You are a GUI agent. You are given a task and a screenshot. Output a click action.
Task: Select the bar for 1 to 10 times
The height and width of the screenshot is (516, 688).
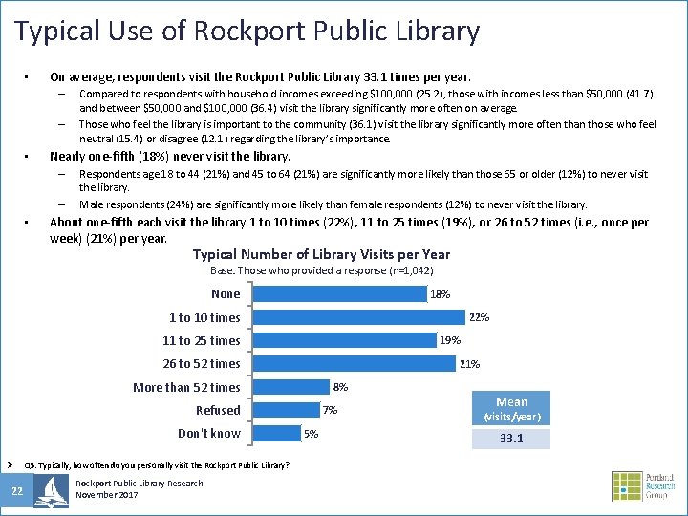(357, 317)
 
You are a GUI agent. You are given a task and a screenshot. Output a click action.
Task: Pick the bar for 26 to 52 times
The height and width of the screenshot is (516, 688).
(353, 363)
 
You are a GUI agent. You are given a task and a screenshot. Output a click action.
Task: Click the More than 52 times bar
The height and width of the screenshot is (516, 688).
(289, 387)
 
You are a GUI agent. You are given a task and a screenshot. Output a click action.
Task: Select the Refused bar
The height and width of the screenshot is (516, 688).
(284, 410)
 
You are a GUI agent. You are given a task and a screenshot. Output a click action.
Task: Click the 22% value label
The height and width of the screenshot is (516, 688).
(479, 317)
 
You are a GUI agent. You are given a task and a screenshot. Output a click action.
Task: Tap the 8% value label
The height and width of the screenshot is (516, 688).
(340, 387)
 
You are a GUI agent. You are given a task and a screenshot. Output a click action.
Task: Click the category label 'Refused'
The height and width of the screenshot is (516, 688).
(218, 410)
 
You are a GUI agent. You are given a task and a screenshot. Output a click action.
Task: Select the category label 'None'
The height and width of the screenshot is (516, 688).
(226, 294)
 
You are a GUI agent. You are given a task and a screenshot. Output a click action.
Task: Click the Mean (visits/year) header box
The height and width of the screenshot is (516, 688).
(512, 409)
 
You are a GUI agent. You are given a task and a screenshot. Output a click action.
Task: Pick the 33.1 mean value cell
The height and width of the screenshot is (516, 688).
(512, 440)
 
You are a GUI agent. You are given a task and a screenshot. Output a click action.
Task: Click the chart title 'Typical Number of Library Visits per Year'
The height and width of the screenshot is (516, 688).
(321, 254)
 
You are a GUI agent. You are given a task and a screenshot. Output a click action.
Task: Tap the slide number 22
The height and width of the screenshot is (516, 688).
(16, 492)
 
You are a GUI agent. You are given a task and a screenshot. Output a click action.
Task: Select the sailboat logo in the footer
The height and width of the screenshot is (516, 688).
(51, 490)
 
